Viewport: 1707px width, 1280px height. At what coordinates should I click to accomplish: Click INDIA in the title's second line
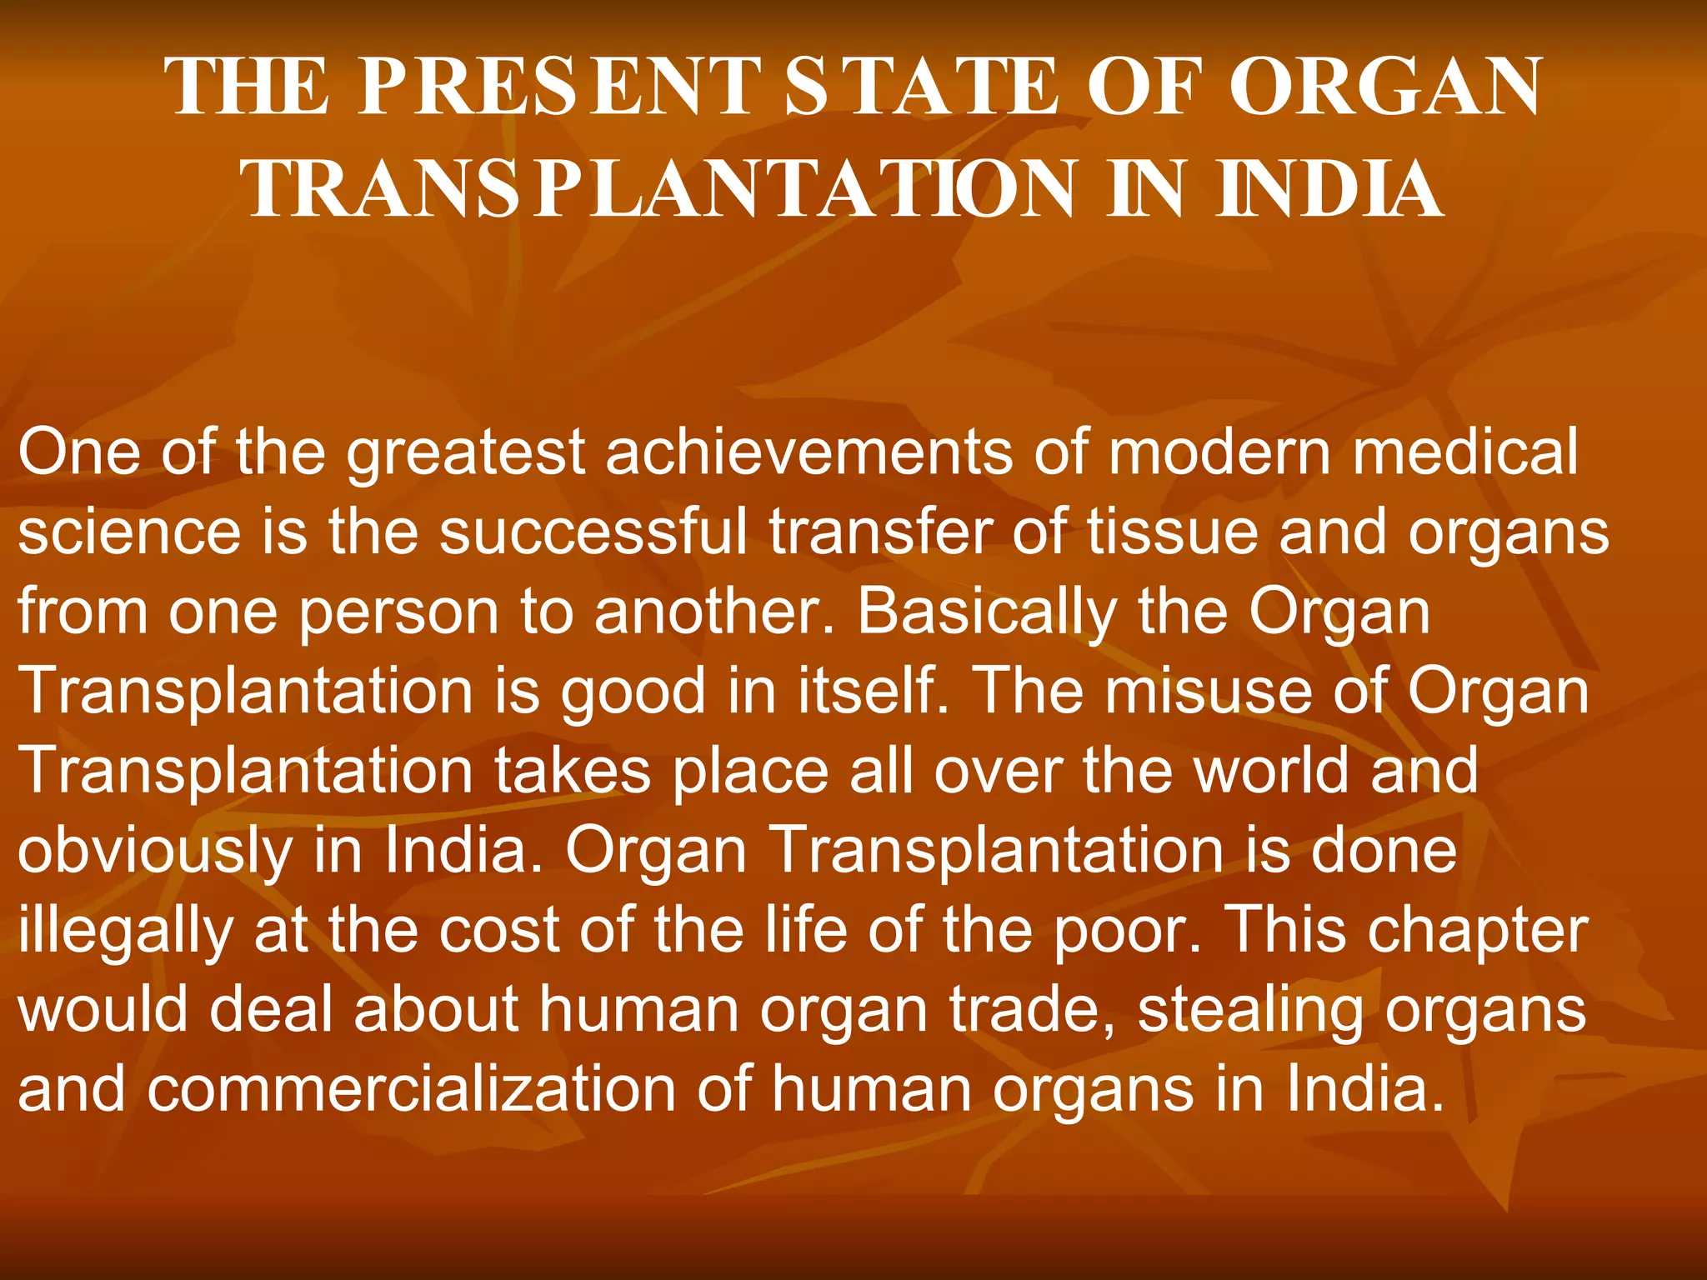coord(1329,189)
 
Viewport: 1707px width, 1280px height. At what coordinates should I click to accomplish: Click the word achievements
coord(808,452)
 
